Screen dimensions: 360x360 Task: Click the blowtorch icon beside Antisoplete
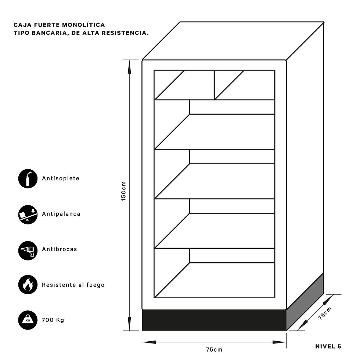28,179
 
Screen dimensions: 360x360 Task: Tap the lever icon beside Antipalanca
28,215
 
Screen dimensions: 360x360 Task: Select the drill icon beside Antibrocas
28,251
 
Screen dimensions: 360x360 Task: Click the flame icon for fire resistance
28,284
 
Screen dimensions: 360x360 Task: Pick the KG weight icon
28,320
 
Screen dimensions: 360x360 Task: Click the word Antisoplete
61,179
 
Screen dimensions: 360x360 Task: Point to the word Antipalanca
61,214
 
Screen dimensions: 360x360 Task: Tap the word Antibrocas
60,249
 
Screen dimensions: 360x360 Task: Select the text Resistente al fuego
73,285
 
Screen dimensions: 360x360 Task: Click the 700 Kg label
53,320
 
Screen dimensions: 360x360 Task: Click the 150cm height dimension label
123,191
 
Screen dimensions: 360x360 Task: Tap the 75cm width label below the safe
214,350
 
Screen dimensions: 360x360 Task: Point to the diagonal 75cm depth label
325,313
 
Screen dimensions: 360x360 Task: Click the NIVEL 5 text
328,346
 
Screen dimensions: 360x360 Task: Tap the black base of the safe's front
214,320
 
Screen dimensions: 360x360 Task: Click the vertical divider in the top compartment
215,85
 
